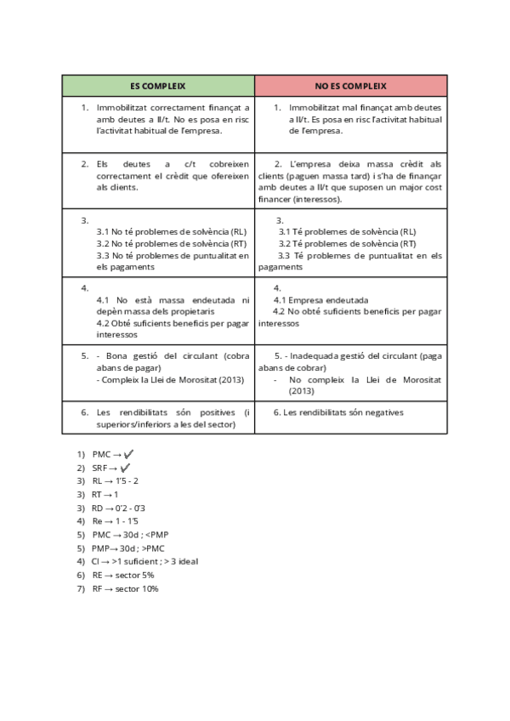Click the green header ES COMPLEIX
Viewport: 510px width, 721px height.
pyautogui.click(x=157, y=86)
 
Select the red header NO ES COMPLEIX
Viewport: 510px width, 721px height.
pyautogui.click(x=350, y=86)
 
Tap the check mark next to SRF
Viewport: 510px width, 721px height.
pyautogui.click(x=126, y=468)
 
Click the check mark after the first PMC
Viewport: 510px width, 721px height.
pyautogui.click(x=129, y=455)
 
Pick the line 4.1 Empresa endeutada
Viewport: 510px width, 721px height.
pyautogui.click(x=320, y=300)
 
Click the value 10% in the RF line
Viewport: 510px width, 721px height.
pyautogui.click(x=150, y=588)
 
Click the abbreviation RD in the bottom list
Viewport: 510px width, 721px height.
pyautogui.click(x=97, y=508)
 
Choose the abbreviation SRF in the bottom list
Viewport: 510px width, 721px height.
pyautogui.click(x=99, y=468)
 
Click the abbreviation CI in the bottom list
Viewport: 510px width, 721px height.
pyautogui.click(x=94, y=562)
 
